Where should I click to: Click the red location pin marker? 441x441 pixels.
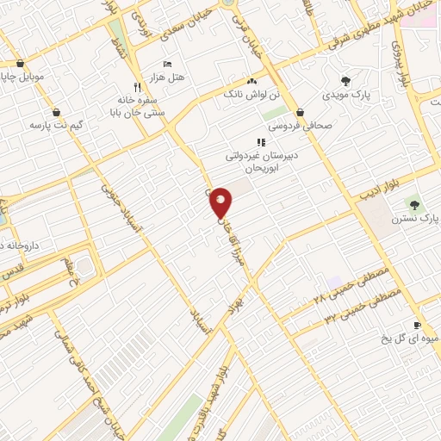(221, 202)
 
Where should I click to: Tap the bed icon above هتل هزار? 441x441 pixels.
(167, 64)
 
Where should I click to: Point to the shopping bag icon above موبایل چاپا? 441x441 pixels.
(20, 62)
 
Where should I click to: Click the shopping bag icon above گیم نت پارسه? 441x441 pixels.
(56, 112)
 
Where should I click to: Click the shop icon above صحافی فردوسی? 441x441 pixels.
(300, 112)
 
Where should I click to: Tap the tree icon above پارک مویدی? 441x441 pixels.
(345, 81)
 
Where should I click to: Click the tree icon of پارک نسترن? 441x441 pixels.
(415, 205)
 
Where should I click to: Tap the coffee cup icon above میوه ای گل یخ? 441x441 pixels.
(417, 326)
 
